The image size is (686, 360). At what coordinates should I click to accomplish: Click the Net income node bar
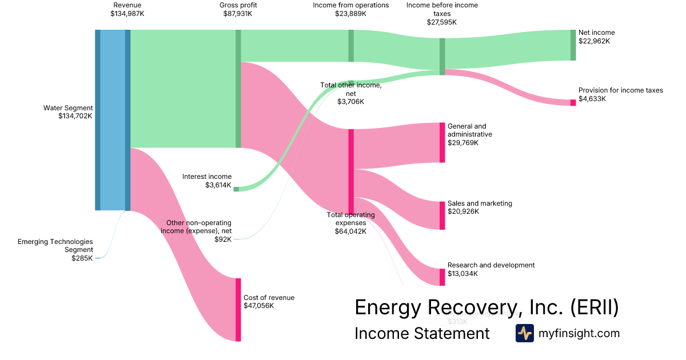573,45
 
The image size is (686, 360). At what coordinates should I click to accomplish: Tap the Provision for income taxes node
573,102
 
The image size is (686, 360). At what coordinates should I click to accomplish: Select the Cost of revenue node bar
238,310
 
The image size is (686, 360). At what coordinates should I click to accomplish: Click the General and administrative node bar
442,142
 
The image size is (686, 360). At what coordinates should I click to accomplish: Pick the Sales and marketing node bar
442,215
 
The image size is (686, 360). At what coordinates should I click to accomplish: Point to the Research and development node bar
442,277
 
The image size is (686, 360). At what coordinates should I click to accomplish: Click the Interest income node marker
236,189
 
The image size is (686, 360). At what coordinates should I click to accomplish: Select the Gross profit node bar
238,89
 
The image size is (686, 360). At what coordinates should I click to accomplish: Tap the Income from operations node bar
351,46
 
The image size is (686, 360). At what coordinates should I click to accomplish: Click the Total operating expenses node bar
351,171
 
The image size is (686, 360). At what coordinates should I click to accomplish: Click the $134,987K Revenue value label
127,13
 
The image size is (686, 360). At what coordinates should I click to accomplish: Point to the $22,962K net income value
594,41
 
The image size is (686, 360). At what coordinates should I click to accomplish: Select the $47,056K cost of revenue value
258,306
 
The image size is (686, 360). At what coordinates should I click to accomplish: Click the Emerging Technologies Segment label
55,246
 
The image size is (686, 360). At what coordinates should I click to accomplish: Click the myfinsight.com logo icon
525,333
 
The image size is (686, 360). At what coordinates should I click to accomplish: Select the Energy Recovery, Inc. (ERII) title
486,307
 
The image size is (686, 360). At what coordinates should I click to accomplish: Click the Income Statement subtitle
422,333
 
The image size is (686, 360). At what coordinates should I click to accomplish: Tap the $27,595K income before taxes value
442,22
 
